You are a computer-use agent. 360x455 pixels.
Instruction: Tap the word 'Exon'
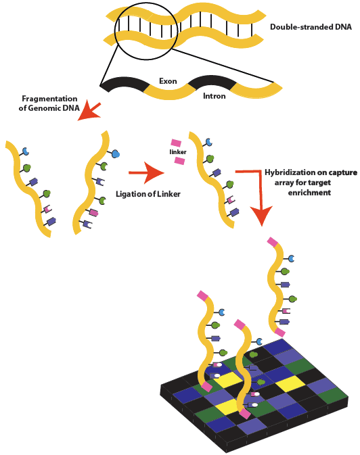tap(168, 81)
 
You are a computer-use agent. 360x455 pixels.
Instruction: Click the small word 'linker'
tap(177, 152)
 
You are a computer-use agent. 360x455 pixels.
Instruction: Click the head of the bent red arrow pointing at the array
tap(261, 215)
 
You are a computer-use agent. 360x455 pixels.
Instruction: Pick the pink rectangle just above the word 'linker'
tap(176, 143)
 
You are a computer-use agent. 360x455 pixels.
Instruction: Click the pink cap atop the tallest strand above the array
tap(273, 241)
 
